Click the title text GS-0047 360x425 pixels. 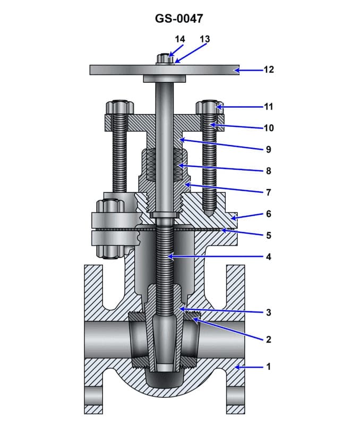pos(179,19)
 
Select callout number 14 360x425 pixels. pos(180,39)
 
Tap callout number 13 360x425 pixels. pos(204,39)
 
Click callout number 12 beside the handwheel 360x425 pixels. pos(269,70)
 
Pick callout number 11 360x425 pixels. pos(269,107)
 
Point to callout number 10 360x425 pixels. pos(269,128)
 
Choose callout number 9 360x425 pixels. pos(269,149)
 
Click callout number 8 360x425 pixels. pos(269,171)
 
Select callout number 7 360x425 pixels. pos(269,192)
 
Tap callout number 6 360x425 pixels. pos(269,214)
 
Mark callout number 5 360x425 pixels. pos(269,235)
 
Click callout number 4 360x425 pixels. pos(269,257)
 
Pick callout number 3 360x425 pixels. pos(269,312)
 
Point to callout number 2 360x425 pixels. pos(269,339)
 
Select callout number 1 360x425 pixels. pos(269,367)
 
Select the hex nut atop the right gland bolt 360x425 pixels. pos(210,107)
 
